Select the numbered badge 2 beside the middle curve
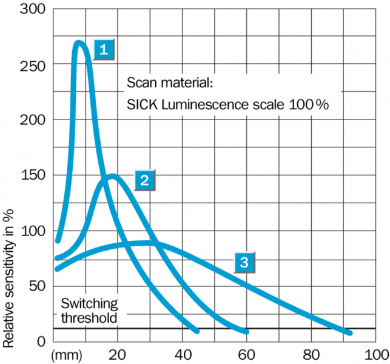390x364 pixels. click(144, 179)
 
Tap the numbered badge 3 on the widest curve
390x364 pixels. click(244, 262)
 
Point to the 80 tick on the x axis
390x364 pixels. click(311, 354)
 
